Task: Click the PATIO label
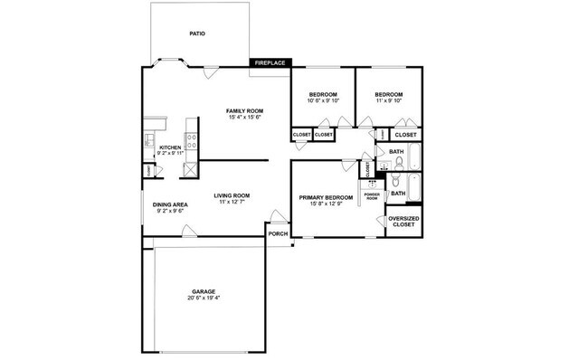pyautogui.click(x=197, y=33)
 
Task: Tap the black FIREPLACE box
pyautogui.click(x=270, y=62)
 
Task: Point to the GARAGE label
pyautogui.click(x=203, y=291)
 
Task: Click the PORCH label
pyautogui.click(x=278, y=233)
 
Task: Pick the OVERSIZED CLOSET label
pyautogui.click(x=403, y=222)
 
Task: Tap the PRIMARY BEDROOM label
pyautogui.click(x=326, y=197)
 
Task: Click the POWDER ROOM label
pyautogui.click(x=372, y=196)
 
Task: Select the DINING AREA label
pyautogui.click(x=170, y=205)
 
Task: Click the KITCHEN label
pyautogui.click(x=170, y=147)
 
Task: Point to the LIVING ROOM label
pyautogui.click(x=232, y=195)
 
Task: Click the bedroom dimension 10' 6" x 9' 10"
pyautogui.click(x=323, y=101)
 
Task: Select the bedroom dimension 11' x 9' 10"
pyautogui.click(x=388, y=101)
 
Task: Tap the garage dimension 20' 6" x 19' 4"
pyautogui.click(x=203, y=298)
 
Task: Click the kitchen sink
pyautogui.click(x=148, y=140)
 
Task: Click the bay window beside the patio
pyautogui.click(x=168, y=64)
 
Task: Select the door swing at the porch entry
pyautogui.click(x=276, y=218)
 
